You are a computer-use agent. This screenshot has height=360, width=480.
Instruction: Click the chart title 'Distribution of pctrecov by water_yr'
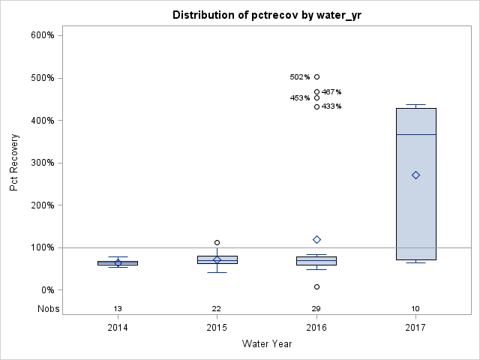click(265, 15)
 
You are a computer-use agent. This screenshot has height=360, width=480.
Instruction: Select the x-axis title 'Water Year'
click(266, 344)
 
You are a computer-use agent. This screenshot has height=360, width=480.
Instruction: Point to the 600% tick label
click(42, 35)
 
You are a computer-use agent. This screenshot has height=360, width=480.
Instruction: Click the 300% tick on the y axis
click(42, 163)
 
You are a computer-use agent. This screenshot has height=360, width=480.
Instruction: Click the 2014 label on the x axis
click(118, 328)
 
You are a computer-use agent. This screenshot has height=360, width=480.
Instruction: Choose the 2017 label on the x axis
click(415, 328)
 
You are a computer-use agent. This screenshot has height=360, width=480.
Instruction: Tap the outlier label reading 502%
click(300, 77)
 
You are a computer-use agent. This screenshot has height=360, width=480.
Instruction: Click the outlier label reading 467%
click(331, 92)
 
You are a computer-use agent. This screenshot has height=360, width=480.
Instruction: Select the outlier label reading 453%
click(300, 98)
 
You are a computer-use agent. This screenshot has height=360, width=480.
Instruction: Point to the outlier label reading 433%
click(331, 106)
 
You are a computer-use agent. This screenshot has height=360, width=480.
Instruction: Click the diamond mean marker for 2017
click(415, 175)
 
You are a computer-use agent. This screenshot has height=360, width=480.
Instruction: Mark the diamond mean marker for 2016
click(316, 239)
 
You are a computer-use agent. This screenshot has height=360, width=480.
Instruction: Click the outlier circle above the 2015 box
click(217, 243)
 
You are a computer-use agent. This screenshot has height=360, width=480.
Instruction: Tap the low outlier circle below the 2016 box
click(316, 286)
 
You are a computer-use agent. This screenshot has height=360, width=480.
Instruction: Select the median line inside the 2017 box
click(415, 134)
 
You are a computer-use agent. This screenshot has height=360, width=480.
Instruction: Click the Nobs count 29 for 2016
click(316, 309)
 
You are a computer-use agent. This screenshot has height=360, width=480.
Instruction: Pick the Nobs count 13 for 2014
click(118, 309)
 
